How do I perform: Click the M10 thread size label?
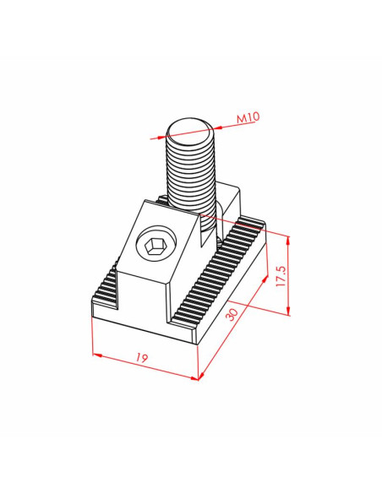click(248, 117)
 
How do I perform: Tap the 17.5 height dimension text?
click(281, 276)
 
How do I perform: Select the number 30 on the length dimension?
click(232, 314)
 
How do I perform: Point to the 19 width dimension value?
click(142, 358)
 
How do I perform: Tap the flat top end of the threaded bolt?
click(189, 130)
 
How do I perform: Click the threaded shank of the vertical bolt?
click(190, 176)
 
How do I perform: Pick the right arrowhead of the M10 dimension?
click(218, 127)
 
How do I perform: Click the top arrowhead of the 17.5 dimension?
click(288, 241)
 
